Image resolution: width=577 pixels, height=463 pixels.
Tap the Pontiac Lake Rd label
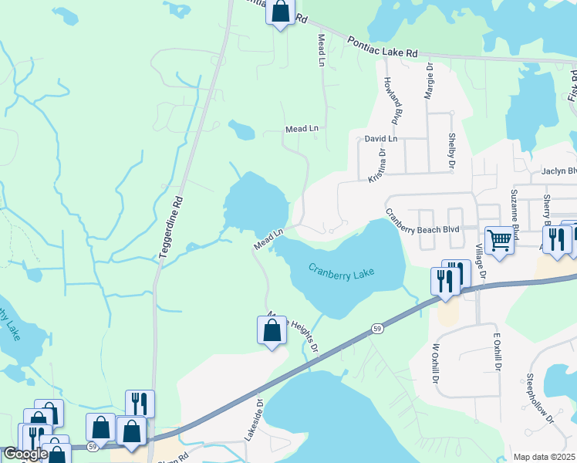click(x=382, y=46)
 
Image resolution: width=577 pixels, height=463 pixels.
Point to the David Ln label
click(x=381, y=140)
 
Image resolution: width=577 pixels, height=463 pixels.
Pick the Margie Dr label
click(x=428, y=81)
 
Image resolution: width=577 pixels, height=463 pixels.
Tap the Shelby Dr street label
click(x=452, y=150)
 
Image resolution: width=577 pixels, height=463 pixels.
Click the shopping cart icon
click(x=499, y=240)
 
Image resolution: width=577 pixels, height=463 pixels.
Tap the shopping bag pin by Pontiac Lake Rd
click(x=280, y=12)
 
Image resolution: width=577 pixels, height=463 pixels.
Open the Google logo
click(x=25, y=454)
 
